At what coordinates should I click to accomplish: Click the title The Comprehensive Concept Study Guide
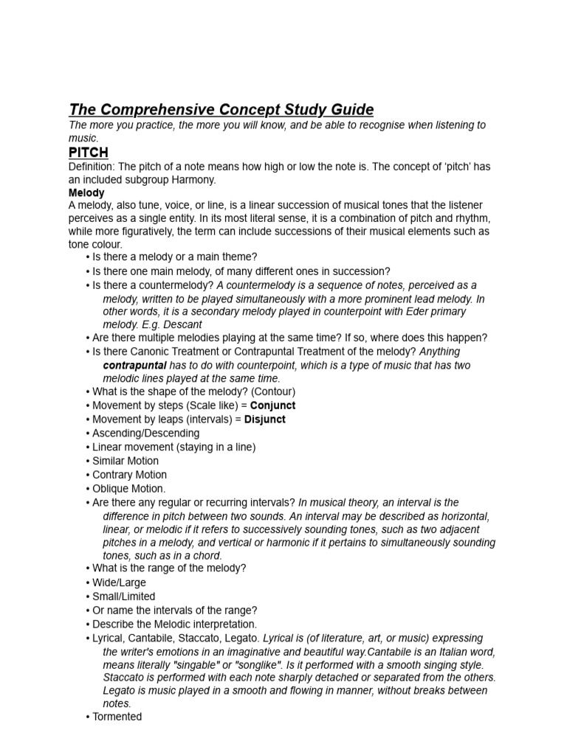221,110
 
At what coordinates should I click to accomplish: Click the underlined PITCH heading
89,153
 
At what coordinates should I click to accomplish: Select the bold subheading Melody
86,192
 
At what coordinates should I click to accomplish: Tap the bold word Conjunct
272,406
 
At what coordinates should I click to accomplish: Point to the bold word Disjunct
265,420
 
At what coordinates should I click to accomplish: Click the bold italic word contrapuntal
135,365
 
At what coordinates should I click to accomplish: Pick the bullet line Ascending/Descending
145,434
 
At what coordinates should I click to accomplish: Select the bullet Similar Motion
125,461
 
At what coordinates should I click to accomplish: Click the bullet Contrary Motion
129,475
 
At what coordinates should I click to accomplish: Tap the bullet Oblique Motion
128,488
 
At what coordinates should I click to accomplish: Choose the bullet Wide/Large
119,582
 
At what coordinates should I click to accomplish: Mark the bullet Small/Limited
123,596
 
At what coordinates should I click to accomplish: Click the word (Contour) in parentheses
272,392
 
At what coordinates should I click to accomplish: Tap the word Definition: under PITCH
91,167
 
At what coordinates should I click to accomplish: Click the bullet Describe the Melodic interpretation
164,624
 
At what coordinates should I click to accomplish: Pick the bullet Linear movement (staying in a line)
173,447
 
